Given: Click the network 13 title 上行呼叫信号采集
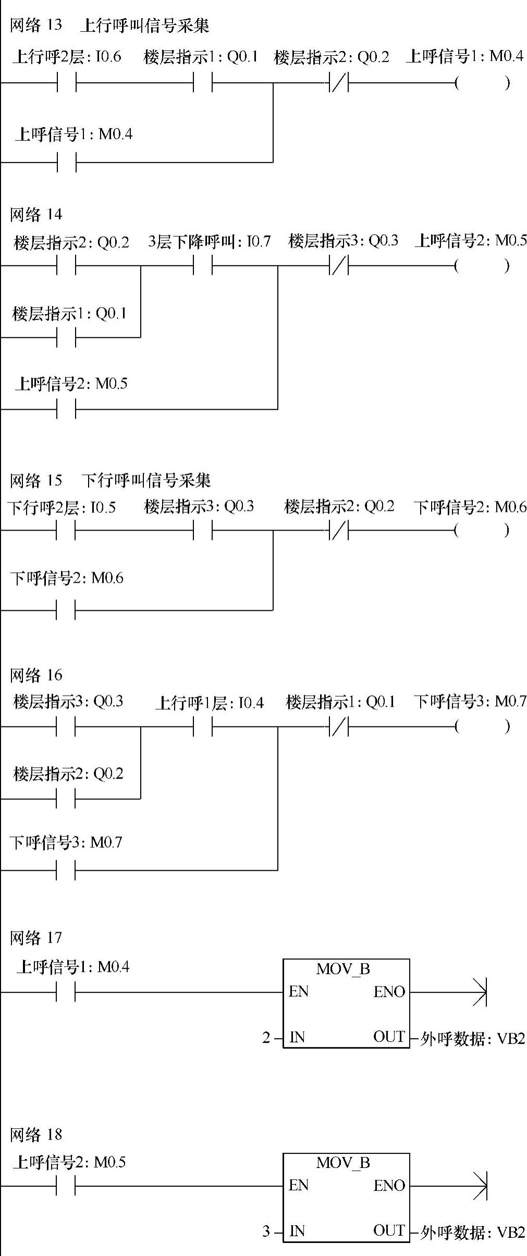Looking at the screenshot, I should click(144, 25).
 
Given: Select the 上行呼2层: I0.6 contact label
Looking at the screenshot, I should click(67, 56).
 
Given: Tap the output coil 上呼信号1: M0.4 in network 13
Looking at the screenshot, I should click(482, 83).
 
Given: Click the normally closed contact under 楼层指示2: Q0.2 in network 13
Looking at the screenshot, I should click(339, 82).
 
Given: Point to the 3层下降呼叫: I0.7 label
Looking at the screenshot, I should click(209, 241).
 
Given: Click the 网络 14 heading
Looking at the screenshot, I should click(35, 214).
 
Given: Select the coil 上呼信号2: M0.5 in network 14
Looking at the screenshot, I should click(482, 266).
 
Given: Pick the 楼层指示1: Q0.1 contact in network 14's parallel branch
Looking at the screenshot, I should click(66, 338).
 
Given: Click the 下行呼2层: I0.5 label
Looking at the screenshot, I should click(62, 507).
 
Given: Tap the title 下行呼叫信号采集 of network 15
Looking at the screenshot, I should click(146, 480).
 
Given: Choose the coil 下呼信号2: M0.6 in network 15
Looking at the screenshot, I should click(482, 531).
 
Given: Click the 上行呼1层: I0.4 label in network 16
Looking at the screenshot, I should click(209, 703).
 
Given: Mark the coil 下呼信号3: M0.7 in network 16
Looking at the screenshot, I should click(482, 726).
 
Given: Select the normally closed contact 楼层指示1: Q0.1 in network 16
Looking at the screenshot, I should click(339, 726).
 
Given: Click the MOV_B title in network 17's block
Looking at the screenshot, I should click(342, 969).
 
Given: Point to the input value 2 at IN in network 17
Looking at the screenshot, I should click(266, 1038).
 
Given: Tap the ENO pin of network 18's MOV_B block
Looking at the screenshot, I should click(389, 1186).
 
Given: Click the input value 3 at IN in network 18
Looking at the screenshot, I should click(266, 1232).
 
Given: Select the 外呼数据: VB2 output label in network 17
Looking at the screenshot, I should click(472, 1039).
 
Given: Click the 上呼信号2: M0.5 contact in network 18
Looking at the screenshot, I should click(66, 1187).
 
